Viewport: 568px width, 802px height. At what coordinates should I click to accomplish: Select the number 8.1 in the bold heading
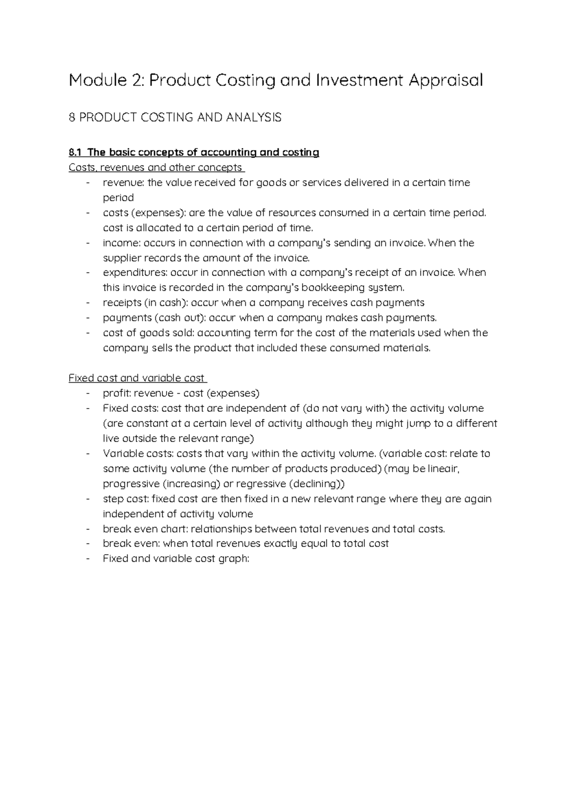coord(75,153)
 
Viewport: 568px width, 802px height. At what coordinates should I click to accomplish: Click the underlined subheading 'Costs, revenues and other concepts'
coord(156,168)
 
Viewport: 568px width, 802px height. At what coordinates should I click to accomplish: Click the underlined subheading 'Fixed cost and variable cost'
coord(137,378)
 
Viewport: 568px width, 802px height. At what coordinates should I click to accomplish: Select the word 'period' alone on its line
coord(118,198)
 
